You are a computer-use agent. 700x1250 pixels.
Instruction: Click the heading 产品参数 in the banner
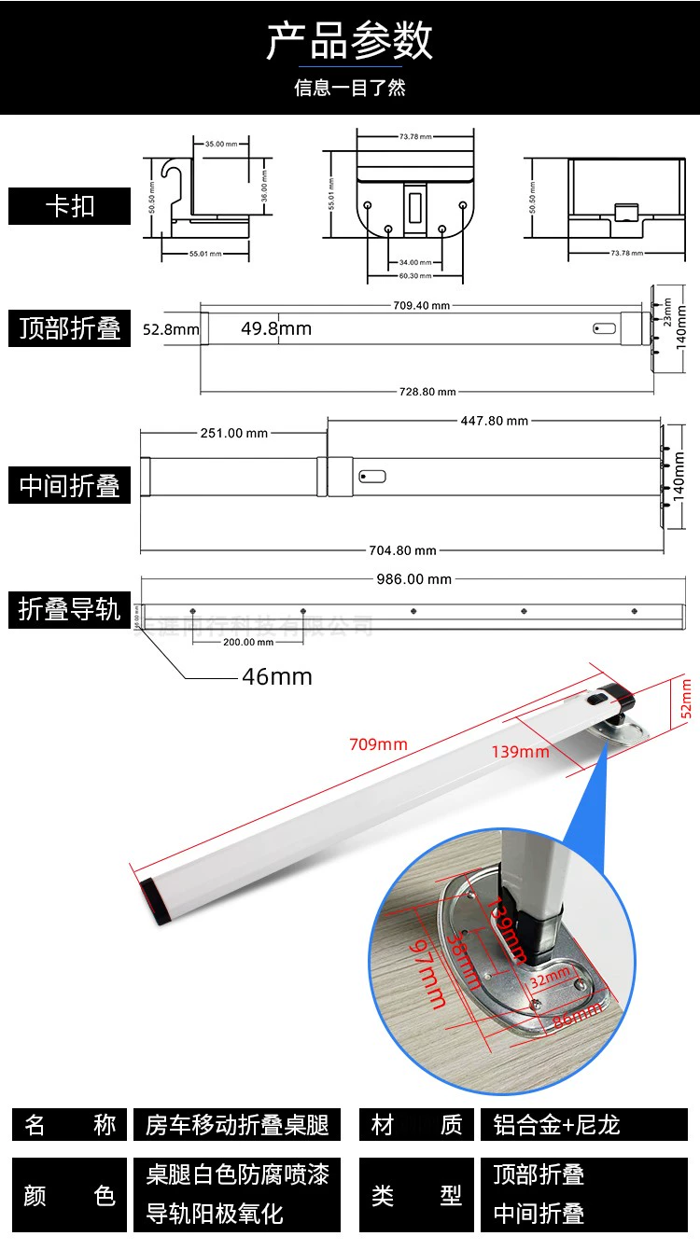click(x=350, y=43)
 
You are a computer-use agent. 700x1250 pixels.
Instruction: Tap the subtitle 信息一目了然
click(x=350, y=89)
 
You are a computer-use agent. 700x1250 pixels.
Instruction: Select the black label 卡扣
click(x=70, y=206)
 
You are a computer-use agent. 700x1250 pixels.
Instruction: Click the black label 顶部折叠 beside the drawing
click(x=70, y=328)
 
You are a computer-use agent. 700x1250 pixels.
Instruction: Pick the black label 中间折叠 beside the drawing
click(x=70, y=486)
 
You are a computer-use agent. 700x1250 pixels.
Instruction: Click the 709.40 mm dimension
click(x=421, y=305)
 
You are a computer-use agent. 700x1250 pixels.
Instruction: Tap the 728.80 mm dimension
click(x=427, y=392)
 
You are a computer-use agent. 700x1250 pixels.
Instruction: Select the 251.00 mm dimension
click(x=233, y=433)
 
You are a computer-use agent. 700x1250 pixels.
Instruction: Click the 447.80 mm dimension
click(x=494, y=421)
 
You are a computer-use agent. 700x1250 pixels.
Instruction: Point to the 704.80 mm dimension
click(x=402, y=550)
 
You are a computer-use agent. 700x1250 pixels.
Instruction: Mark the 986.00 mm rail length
click(x=413, y=579)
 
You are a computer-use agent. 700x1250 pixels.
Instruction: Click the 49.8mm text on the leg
click(x=276, y=328)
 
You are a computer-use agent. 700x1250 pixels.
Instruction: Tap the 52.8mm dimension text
click(x=171, y=329)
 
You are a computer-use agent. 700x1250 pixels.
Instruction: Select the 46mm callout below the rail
click(x=277, y=676)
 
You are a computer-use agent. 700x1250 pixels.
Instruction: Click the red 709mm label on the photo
click(x=378, y=743)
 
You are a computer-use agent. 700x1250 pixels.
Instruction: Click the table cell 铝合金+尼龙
click(x=556, y=1125)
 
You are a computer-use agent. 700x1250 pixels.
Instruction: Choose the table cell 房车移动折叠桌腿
click(x=237, y=1125)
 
